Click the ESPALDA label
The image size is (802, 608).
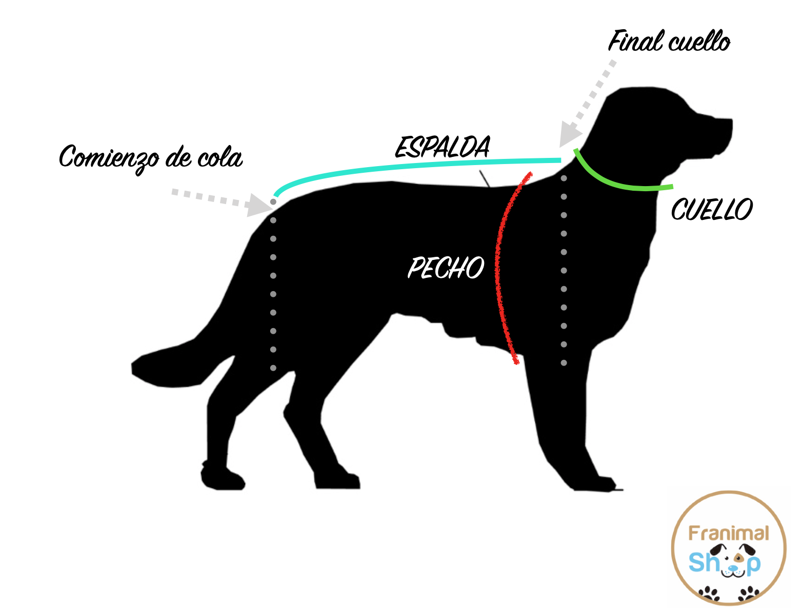point(443,147)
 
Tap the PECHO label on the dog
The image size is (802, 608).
point(446,268)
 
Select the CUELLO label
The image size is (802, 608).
point(712,210)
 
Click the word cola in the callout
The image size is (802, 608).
point(220,157)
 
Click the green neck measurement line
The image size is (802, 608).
point(615,182)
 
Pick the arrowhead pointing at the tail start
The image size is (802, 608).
point(258,205)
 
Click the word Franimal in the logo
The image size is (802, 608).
point(728,534)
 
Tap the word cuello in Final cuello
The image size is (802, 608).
point(699,42)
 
